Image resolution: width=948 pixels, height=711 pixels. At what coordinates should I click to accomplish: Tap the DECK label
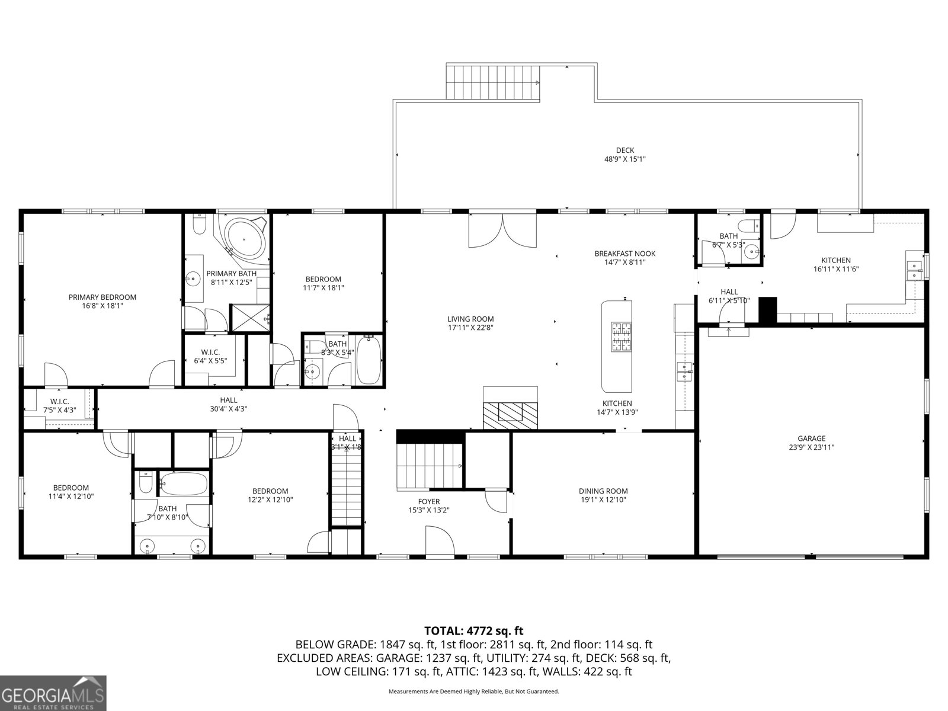pos(624,150)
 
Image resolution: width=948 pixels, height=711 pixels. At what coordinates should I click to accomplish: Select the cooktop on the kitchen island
pos(622,337)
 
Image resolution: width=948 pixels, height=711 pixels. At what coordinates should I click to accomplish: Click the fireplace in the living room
pos(510,412)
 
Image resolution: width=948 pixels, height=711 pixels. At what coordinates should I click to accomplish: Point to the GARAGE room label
pos(811,438)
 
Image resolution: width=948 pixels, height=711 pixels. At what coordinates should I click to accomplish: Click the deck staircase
pos(493,83)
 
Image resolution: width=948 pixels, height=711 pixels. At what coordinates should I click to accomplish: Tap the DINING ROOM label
pos(603,491)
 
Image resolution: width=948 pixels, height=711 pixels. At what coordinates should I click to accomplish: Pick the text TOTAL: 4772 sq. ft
pos(473,631)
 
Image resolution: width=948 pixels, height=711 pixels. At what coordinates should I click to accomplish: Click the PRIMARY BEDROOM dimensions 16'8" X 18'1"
pos(103,306)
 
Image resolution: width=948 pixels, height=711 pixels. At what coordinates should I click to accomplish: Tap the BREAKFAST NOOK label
pos(624,254)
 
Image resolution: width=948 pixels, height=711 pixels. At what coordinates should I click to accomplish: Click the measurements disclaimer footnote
pos(473,691)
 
